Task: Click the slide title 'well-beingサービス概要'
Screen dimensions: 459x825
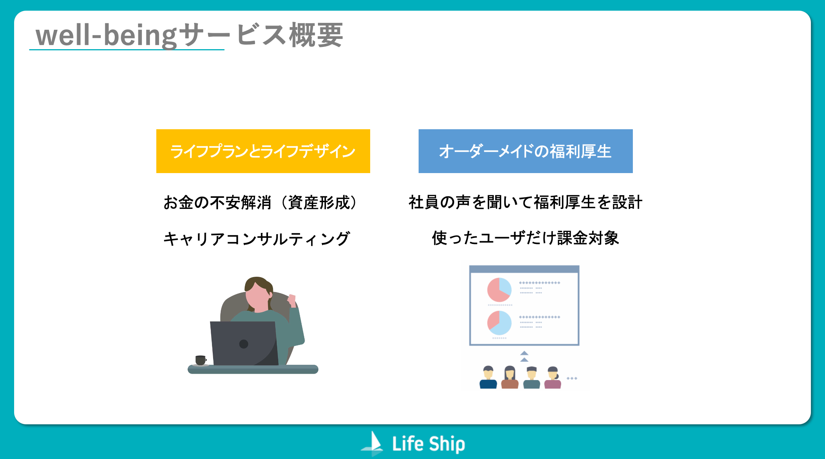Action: [x=189, y=35]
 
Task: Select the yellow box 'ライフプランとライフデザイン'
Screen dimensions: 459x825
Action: [x=263, y=151]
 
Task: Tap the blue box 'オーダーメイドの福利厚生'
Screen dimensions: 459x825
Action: [x=525, y=151]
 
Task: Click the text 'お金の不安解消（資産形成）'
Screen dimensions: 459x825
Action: [x=260, y=202]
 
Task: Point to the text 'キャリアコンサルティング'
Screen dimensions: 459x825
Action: [x=257, y=239]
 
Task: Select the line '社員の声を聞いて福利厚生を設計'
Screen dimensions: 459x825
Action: [x=525, y=202]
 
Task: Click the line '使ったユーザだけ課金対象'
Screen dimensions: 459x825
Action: [x=525, y=238]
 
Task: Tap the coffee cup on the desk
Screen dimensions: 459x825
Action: [x=201, y=360]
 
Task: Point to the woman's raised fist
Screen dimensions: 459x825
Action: [x=292, y=300]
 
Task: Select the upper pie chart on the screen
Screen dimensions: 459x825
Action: [x=499, y=290]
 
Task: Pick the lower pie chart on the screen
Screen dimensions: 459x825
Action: [x=499, y=323]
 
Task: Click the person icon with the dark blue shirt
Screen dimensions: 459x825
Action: [x=488, y=377]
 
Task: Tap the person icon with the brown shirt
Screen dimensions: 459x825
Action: [x=510, y=377]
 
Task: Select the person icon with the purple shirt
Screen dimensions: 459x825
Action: [x=553, y=377]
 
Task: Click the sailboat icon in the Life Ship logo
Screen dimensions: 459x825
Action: [x=372, y=443]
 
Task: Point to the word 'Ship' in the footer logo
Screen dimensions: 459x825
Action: [x=447, y=444]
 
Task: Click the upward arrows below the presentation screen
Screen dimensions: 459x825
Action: [x=524, y=356]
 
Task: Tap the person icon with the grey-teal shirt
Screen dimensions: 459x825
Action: [x=531, y=377]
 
